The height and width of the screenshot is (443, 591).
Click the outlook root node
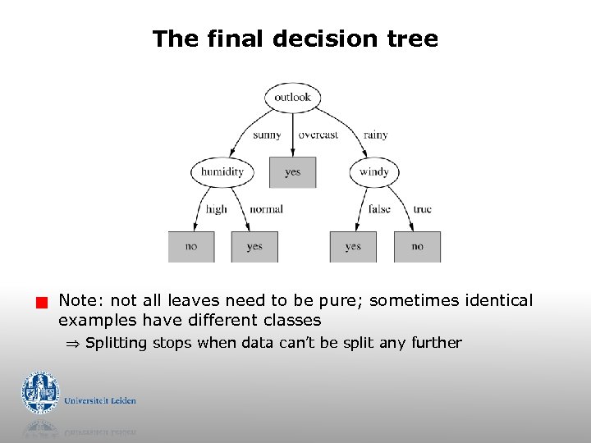click(x=292, y=98)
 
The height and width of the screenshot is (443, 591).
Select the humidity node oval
click(x=222, y=172)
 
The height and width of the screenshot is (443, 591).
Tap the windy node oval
click(x=374, y=172)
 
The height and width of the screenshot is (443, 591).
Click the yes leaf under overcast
click(x=293, y=172)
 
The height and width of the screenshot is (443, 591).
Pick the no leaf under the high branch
click(x=191, y=246)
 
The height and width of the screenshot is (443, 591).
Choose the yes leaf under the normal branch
click(x=254, y=246)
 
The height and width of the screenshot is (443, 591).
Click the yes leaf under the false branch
click(x=353, y=246)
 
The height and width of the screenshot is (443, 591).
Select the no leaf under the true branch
click(x=417, y=246)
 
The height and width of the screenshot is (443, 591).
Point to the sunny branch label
click(x=267, y=135)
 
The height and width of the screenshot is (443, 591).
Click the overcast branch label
click(x=318, y=135)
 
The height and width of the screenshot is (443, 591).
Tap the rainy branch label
click(x=375, y=135)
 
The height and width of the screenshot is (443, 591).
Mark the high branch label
click(x=217, y=209)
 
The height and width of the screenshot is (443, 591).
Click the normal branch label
click(x=266, y=209)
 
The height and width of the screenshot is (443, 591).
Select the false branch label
click(x=379, y=209)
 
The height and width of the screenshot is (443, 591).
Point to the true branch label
click(x=422, y=209)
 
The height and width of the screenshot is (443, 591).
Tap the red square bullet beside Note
click(x=37, y=303)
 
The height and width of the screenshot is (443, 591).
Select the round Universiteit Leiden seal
click(x=40, y=393)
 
